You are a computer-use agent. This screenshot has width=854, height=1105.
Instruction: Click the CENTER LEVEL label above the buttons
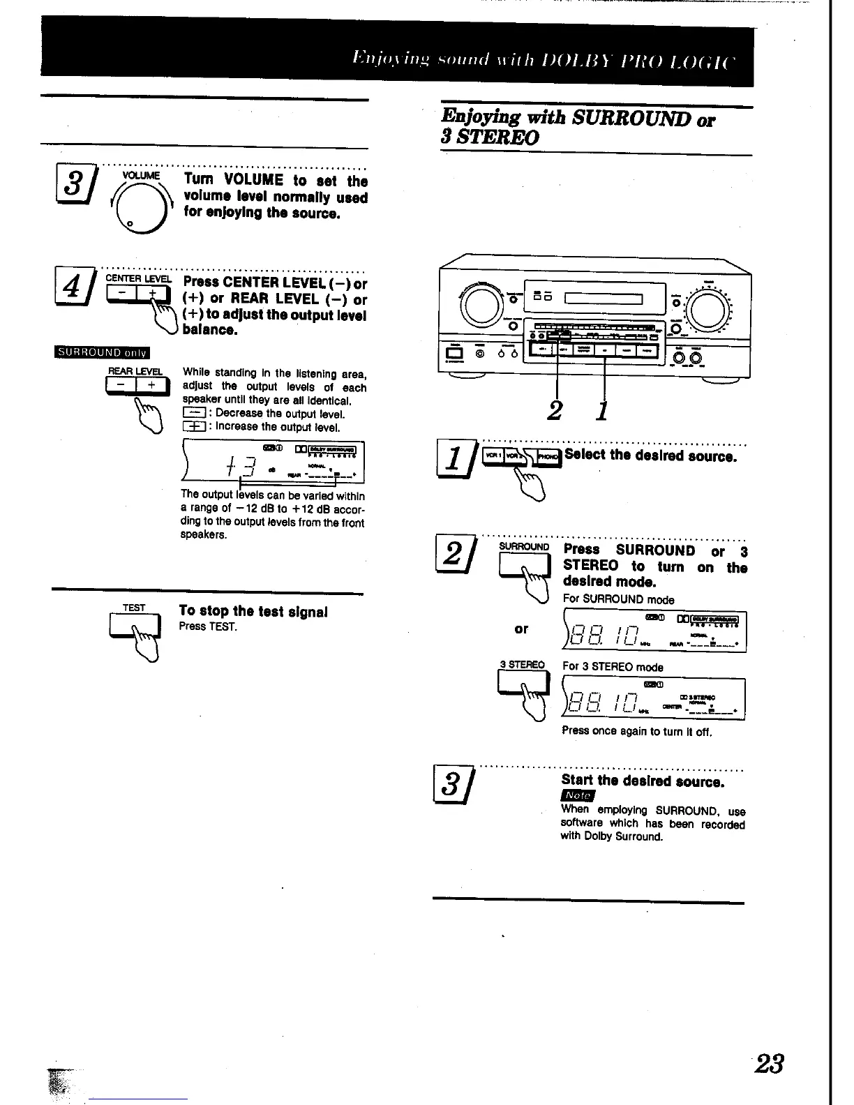click(138, 278)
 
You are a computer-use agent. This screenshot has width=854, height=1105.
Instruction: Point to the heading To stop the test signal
click(253, 612)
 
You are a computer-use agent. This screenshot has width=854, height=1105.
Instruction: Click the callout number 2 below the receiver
click(555, 410)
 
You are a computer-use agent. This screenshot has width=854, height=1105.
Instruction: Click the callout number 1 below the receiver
click(602, 410)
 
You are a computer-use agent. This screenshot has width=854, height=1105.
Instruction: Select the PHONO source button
click(550, 456)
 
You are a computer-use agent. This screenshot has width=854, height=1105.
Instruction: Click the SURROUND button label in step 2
click(525, 546)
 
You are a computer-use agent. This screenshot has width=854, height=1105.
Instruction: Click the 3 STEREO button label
click(522, 665)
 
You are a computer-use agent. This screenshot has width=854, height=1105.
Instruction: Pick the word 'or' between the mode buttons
click(521, 629)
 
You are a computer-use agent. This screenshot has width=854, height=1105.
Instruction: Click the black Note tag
click(578, 796)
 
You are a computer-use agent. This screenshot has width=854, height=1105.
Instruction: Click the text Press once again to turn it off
click(636, 732)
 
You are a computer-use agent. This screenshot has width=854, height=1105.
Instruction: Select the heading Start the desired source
click(643, 781)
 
